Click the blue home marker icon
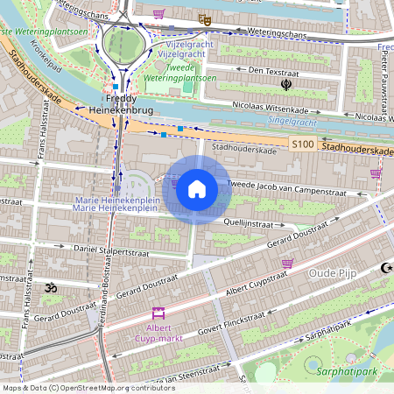197,189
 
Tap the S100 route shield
302,144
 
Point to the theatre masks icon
205,18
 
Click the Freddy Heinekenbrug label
121,105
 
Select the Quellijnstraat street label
250,223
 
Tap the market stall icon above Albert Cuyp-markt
158,313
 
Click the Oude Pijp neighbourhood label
336,274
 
